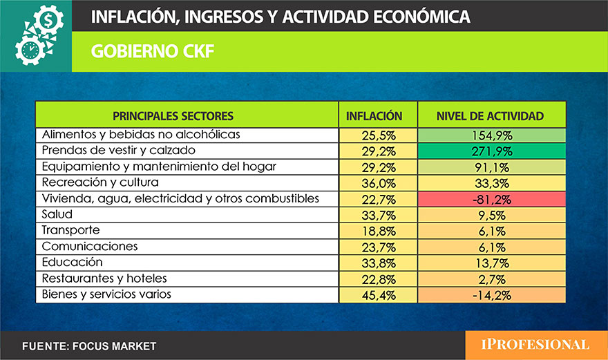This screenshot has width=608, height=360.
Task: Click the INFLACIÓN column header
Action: [374, 115]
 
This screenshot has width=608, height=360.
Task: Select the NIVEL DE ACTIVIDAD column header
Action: [490, 115]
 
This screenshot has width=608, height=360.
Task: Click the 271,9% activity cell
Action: [490, 150]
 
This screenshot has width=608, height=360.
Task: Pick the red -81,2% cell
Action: [490, 198]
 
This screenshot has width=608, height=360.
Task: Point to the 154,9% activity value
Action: [490, 135]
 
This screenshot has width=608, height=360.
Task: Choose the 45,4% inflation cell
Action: [374, 294]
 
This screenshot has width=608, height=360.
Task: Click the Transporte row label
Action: [70, 230]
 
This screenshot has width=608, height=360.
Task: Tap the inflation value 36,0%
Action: [374, 182]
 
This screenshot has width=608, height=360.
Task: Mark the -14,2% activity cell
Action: [490, 294]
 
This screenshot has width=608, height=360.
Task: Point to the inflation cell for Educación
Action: [374, 263]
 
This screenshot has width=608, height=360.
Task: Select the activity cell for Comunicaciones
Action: [490, 247]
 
